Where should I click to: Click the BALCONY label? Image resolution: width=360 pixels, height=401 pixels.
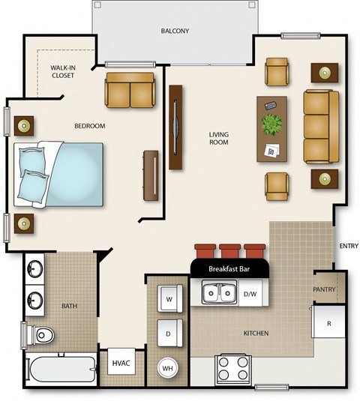click(175, 31)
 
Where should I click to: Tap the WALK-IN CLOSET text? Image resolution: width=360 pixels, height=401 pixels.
click(64, 71)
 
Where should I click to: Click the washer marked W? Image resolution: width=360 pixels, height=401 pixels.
click(168, 298)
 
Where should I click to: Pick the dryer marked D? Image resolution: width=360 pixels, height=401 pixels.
click(168, 331)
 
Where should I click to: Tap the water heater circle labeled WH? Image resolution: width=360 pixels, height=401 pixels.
click(168, 368)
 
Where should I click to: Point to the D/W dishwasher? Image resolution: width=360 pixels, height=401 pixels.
click(250, 294)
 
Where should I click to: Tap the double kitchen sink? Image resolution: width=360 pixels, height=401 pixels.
click(218, 294)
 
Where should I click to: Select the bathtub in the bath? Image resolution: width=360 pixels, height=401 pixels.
click(61, 370)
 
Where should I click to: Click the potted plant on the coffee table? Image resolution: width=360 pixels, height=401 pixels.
click(271, 123)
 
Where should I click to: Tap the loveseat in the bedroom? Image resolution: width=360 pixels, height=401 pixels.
click(130, 89)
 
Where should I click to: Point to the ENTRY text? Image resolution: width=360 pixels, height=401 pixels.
click(349, 246)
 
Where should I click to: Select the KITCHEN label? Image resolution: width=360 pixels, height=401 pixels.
click(256, 333)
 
